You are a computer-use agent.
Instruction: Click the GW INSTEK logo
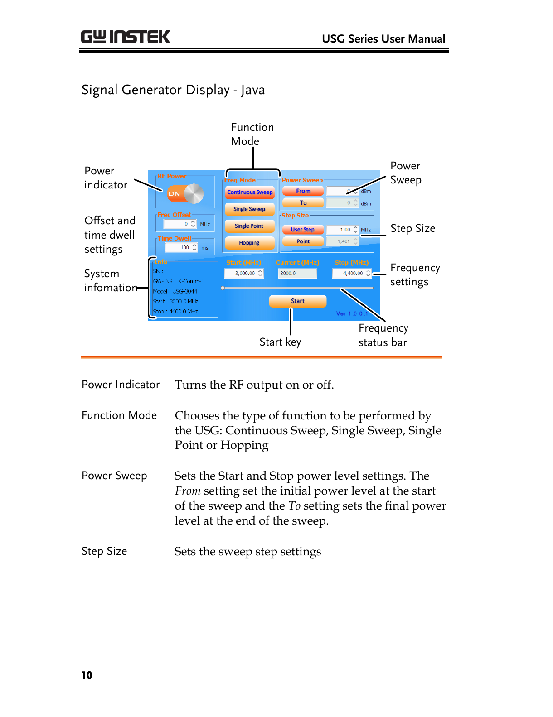[126, 37]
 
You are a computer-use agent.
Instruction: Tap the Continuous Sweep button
[250, 192]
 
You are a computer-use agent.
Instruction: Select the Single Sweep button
[250, 209]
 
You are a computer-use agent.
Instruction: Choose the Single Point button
[250, 226]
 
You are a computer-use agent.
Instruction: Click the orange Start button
[298, 301]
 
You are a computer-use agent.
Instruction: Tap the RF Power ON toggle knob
[194, 193]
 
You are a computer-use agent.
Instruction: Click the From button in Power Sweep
[303, 191]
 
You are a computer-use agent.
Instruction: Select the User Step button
[303, 229]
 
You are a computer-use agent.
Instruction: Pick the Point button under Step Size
[303, 241]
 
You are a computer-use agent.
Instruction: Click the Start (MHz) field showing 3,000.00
[244, 273]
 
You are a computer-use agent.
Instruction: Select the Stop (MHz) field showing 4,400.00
[352, 273]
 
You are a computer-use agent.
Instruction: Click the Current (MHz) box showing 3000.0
[297, 273]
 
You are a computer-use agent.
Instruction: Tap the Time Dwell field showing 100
[181, 247]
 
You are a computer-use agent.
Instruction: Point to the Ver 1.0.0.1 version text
[352, 313]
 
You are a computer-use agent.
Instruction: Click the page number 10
[87, 675]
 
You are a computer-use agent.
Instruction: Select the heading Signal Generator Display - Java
[173, 90]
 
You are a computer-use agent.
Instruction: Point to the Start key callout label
[280, 342]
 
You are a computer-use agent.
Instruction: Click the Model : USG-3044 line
[175, 291]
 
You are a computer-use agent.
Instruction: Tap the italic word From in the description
[188, 491]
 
